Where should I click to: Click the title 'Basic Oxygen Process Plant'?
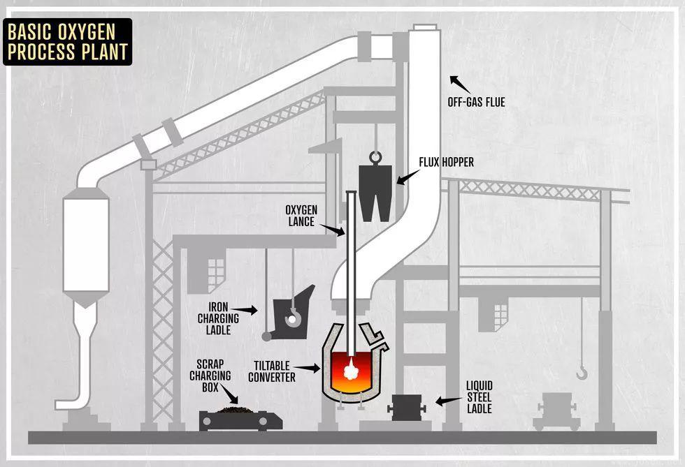point(67,42)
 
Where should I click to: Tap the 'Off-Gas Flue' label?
point(476,103)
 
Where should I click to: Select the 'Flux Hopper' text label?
point(446,163)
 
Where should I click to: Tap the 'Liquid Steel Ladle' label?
point(480,396)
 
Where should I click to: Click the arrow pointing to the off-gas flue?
point(459,84)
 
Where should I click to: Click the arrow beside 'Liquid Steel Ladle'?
point(445,401)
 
